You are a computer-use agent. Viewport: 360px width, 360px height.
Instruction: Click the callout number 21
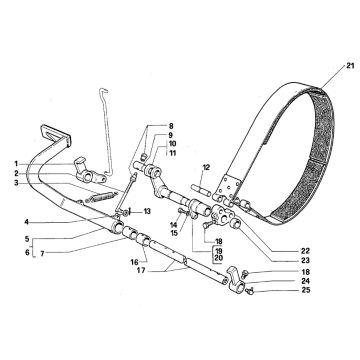[350, 66]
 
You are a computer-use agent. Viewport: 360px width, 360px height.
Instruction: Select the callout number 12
[206, 167]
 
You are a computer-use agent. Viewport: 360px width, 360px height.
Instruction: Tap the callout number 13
[147, 211]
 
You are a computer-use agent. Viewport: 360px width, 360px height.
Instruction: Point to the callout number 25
[306, 290]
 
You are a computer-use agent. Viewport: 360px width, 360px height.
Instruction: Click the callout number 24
[306, 281]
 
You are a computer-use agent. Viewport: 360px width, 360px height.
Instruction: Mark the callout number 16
[135, 263]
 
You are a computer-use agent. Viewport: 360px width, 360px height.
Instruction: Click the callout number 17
[141, 271]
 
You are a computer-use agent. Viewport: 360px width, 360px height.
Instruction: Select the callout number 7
[42, 253]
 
